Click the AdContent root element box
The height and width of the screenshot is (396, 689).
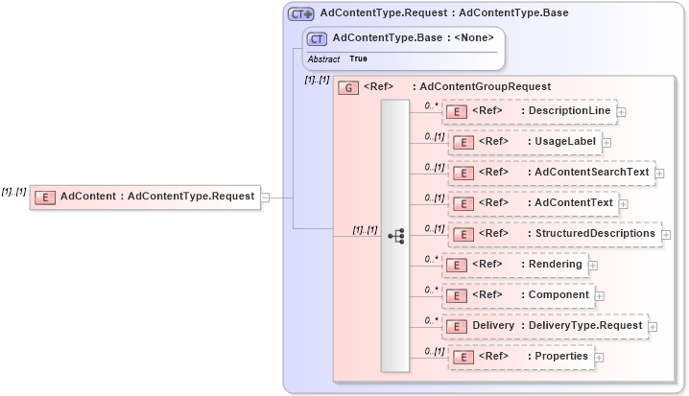145,197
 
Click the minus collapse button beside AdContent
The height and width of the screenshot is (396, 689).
265,198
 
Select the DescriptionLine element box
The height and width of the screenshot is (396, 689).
529,111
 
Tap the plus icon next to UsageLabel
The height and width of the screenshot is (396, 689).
606,143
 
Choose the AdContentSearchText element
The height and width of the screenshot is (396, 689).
552,173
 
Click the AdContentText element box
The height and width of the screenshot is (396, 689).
534,202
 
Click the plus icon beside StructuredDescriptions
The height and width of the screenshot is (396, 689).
666,235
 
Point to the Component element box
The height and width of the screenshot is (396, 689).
518,294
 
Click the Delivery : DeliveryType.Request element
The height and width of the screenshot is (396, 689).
544,325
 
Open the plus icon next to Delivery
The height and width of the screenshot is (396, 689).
653,327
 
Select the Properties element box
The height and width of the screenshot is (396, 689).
521,356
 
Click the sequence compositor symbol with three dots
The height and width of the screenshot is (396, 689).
395,235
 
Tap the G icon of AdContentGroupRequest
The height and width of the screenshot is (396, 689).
349,86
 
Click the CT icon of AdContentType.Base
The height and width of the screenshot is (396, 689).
316,38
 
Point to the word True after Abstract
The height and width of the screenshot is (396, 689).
358,58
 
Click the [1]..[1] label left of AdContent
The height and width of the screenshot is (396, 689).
13,191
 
